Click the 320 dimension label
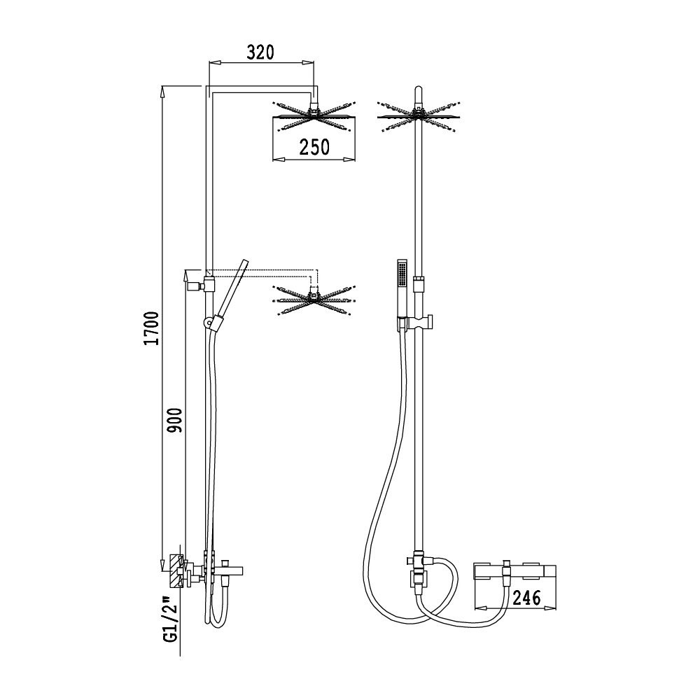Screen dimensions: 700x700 260,52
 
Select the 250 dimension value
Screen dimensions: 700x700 314,147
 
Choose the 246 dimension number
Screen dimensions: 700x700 526,597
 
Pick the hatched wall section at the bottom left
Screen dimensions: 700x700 176,571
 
